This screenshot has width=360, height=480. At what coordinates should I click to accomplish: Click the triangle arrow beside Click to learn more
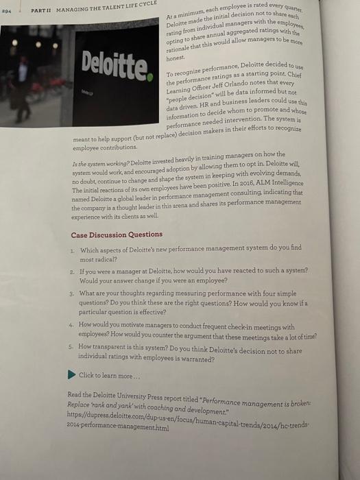[x=73, y=374]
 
